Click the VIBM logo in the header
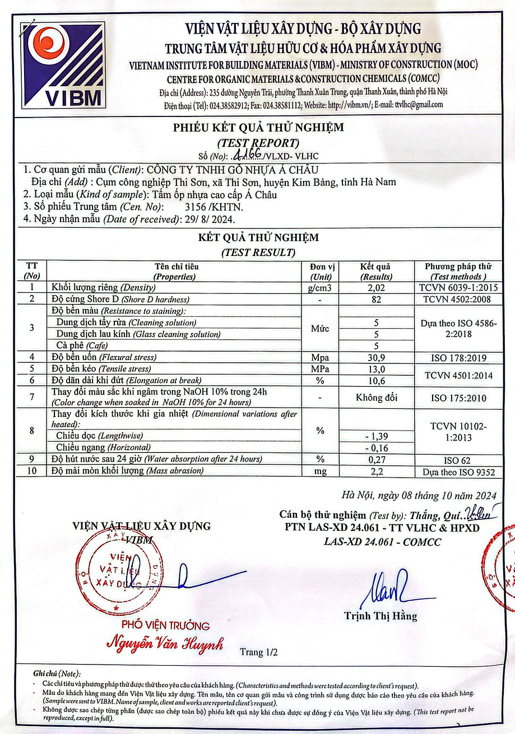[63, 64]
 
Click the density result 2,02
[376, 288]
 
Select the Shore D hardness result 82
[376, 300]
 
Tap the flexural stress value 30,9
[376, 357]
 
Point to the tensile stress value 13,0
[376, 369]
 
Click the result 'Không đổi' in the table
[376, 398]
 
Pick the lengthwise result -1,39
[376, 436]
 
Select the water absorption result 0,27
[376, 460]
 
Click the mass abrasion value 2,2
[376, 471]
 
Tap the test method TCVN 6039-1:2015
[458, 288]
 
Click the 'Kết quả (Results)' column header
[376, 272]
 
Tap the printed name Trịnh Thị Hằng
[381, 616]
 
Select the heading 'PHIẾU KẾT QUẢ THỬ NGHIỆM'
[258, 128]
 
